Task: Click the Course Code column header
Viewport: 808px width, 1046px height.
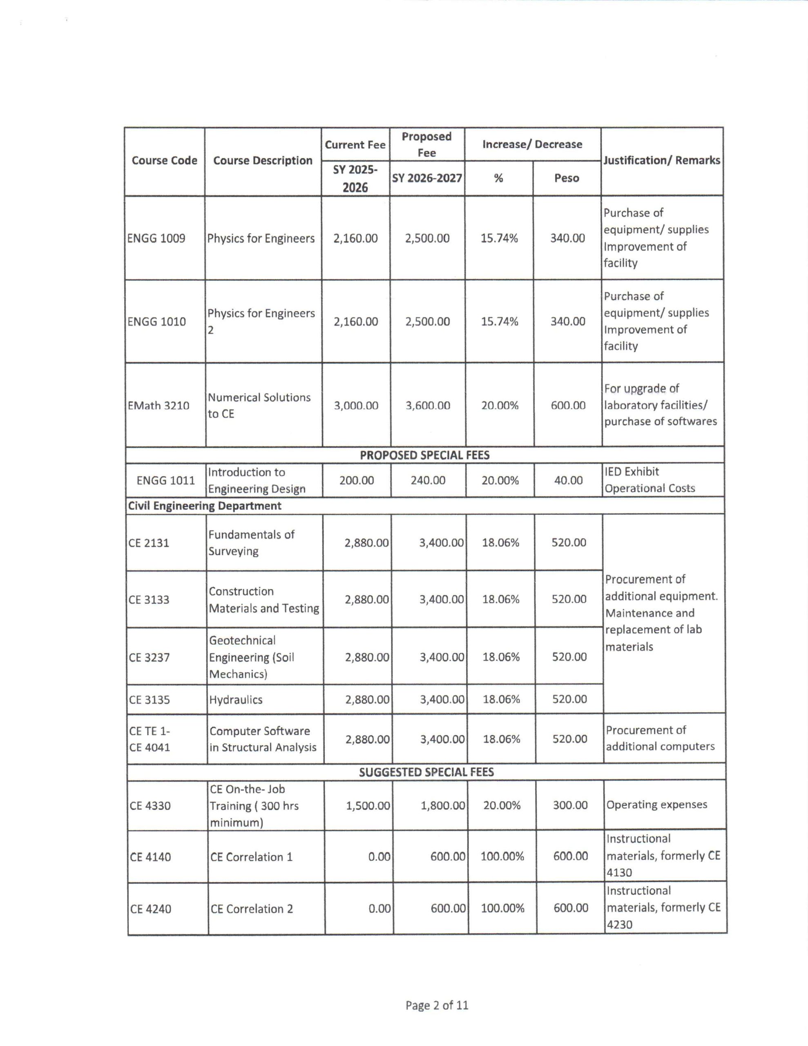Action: coord(164,161)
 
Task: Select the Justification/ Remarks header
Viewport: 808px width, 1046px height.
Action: coord(661,161)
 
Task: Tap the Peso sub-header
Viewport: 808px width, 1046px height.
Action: coord(567,178)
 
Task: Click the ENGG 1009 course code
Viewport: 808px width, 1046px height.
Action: coord(156,239)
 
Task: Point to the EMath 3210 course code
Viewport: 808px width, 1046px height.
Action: coord(158,406)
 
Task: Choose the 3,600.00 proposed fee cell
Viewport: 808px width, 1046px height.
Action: coord(428,406)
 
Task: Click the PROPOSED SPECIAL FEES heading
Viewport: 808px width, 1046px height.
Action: coord(424,455)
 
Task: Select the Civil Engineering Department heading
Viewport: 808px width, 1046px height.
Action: coord(205,506)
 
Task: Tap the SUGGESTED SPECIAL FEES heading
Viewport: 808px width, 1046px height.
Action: coord(426,772)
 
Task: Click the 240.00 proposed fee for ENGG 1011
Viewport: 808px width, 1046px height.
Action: coord(428,481)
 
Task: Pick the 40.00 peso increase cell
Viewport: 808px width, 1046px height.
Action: coord(568,481)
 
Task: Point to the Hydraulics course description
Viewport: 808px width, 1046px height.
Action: coord(236,700)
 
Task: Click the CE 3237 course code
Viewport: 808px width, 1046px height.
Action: coord(149,657)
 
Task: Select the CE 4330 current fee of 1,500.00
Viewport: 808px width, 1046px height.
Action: coord(368,806)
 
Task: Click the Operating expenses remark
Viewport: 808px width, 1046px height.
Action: coord(656,805)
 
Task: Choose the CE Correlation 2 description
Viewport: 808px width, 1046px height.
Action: coord(252,909)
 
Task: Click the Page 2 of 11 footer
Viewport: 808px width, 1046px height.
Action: coord(436,1005)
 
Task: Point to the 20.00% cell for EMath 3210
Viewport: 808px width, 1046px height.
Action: coord(500,406)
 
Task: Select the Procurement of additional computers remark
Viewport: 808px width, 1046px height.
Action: coord(660,738)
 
